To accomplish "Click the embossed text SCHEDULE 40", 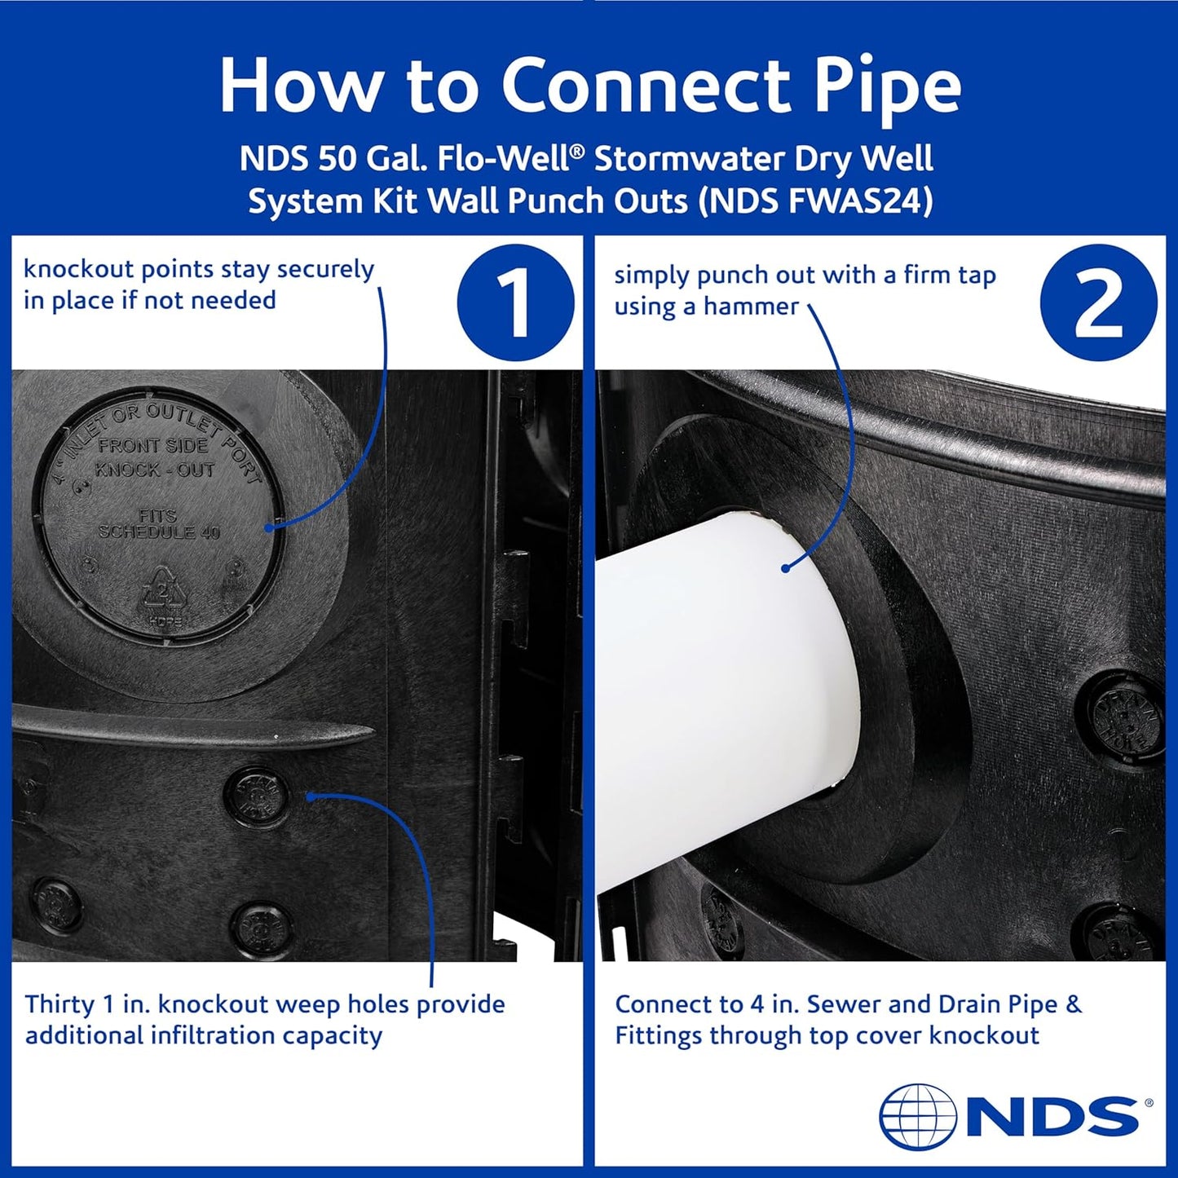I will (x=160, y=532).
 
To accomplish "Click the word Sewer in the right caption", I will (x=842, y=1004).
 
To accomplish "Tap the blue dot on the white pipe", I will (x=786, y=567).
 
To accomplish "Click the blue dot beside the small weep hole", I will (x=310, y=794).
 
